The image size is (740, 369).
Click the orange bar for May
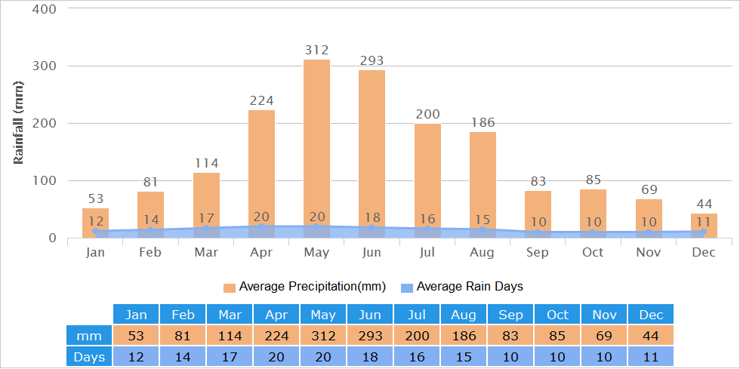(x=316, y=149)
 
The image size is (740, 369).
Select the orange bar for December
(x=704, y=226)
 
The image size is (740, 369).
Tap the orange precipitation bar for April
(x=261, y=174)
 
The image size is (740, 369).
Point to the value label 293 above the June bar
(x=372, y=60)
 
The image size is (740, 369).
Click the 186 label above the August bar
(x=483, y=123)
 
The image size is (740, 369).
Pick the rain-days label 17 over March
(x=206, y=219)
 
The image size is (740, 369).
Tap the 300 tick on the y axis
(x=44, y=66)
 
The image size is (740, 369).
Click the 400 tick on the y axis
(x=44, y=9)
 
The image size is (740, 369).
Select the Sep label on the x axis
(x=538, y=253)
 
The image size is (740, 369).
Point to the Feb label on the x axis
(x=150, y=253)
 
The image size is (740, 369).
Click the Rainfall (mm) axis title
(x=18, y=123)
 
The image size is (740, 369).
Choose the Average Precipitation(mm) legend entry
(x=305, y=287)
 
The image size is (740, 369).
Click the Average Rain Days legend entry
(x=462, y=287)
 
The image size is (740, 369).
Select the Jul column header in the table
(x=417, y=314)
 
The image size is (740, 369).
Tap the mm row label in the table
(x=89, y=336)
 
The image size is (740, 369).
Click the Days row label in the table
(x=89, y=356)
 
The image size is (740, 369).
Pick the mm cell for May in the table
(x=323, y=336)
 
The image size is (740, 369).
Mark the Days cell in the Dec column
(x=651, y=356)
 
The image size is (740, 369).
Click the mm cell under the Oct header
(x=557, y=336)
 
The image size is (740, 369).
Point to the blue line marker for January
(x=95, y=231)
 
